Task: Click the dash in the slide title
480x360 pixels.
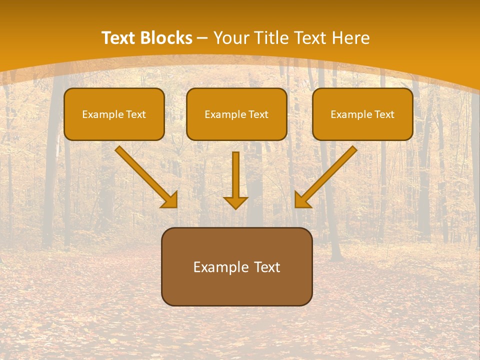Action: pos(202,38)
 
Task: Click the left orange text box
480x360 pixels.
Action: pos(114,114)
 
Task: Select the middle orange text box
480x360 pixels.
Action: pos(236,114)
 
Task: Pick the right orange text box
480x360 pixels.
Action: pos(362,114)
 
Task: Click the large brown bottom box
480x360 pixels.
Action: pos(237,266)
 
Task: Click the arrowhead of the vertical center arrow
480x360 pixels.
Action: pos(236,202)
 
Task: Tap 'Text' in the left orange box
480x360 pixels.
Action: pos(136,114)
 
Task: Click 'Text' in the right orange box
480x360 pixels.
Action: pos(384,114)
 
